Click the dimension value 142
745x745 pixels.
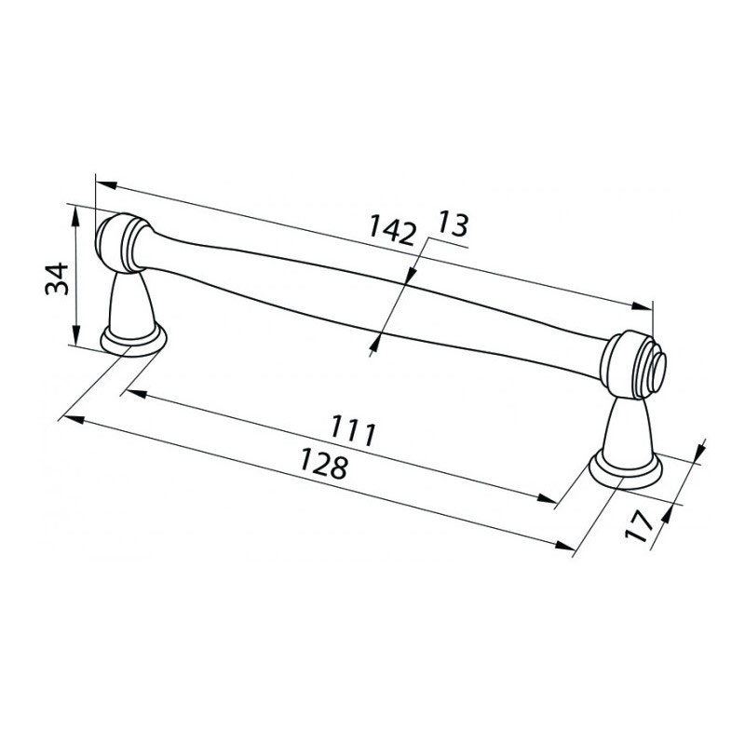(x=392, y=230)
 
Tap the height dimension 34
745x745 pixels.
(x=57, y=278)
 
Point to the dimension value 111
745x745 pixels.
(x=353, y=430)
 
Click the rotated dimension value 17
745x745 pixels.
(x=640, y=526)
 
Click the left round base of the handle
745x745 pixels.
(x=133, y=341)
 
